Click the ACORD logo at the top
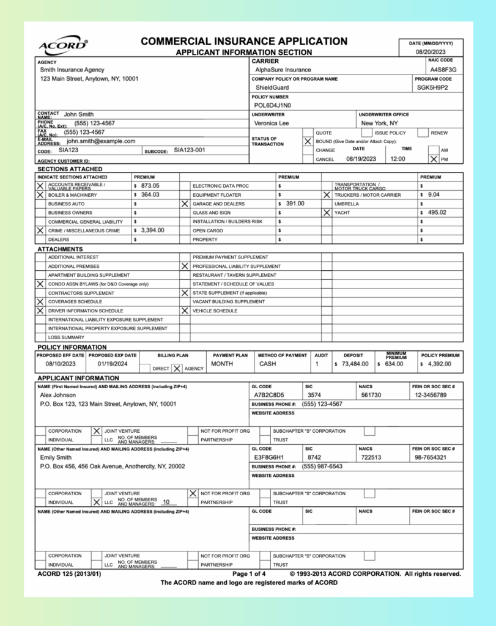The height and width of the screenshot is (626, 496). point(63,46)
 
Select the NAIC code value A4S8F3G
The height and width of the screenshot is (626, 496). point(443,70)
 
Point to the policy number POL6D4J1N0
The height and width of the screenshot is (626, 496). point(273,105)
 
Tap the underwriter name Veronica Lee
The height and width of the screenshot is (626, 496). point(272,123)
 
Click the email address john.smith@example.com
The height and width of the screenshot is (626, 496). point(101,141)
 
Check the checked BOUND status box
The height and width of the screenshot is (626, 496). point(308,141)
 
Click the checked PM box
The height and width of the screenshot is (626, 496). point(434,159)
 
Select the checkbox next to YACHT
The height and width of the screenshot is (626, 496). point(327,213)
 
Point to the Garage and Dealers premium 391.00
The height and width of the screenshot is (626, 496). point(295,204)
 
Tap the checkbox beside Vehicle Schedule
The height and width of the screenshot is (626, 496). point(185,311)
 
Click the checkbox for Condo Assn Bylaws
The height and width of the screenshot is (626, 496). point(40,284)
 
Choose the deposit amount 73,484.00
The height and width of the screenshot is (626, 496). point(355,364)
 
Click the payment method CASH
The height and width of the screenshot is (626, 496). point(268,364)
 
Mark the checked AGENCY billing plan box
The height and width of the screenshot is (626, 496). point(177,369)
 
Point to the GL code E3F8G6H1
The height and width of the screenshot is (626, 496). point(269,457)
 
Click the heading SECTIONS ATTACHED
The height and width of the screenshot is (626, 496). point(70,169)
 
